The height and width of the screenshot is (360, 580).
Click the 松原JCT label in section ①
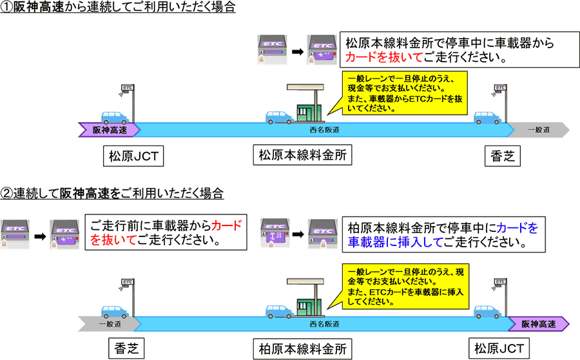click(133, 155)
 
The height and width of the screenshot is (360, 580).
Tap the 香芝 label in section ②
click(124, 348)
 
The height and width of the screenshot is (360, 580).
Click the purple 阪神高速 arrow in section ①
click(108, 130)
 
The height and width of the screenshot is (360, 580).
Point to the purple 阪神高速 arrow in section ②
click(538, 323)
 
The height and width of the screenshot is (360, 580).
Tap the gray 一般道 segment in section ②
click(103, 323)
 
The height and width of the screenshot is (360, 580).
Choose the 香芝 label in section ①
click(500, 155)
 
